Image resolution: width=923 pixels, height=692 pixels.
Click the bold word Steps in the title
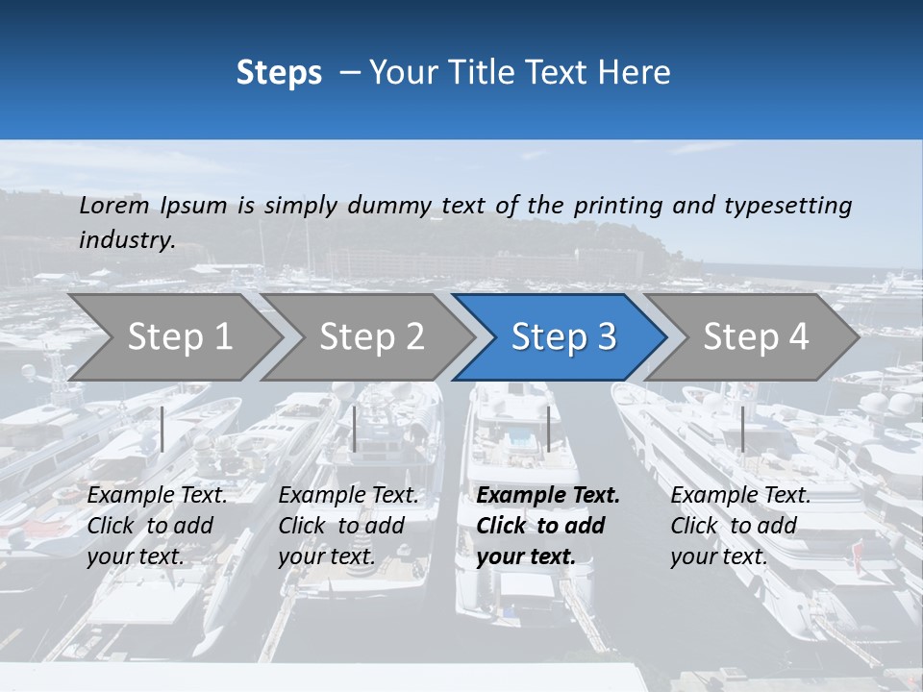pyautogui.click(x=279, y=73)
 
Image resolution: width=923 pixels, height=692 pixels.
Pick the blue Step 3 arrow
pyautogui.click(x=563, y=337)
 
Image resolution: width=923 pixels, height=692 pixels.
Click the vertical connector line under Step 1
pyautogui.click(x=162, y=429)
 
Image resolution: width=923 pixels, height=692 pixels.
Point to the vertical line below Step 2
pyautogui.click(x=355, y=429)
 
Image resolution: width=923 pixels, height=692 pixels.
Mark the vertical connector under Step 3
pyautogui.click(x=548, y=429)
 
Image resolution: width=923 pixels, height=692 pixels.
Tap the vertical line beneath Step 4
pyautogui.click(x=742, y=429)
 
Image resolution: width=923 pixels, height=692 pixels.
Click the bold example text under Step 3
pyautogui.click(x=548, y=526)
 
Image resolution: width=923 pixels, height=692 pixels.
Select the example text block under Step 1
pyautogui.click(x=157, y=526)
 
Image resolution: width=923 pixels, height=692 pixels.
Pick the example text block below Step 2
pyautogui.click(x=348, y=526)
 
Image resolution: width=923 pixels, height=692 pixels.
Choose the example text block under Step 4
pyautogui.click(x=740, y=526)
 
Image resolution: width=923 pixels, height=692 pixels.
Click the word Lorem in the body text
pyautogui.click(x=113, y=206)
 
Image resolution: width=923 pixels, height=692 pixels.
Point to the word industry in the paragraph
pyautogui.click(x=127, y=240)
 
